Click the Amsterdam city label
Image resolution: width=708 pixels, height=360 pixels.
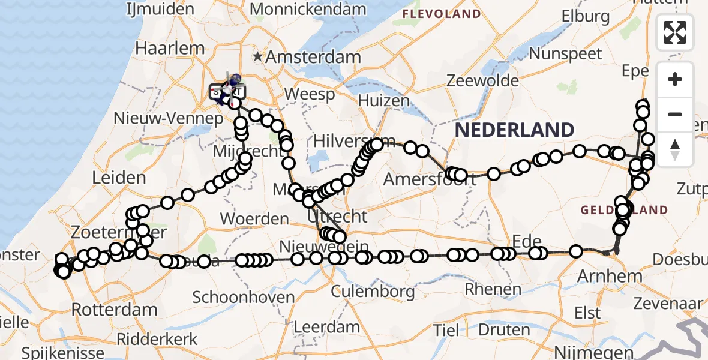pos(313,58)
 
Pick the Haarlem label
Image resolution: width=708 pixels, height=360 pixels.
pos(161,48)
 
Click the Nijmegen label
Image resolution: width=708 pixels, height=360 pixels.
pos(594,351)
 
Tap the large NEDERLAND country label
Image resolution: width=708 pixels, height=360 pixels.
pos(514,130)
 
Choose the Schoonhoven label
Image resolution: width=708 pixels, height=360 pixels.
pos(244,297)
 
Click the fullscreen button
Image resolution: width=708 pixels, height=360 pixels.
pos(675,32)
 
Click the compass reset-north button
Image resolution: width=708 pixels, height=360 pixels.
pos(675,148)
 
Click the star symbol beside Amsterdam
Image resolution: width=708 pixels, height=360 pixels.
pos(258,57)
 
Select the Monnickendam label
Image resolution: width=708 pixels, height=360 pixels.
pos(308,9)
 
